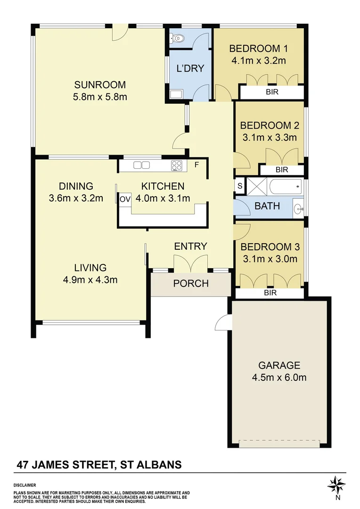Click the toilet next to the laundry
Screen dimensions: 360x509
pos(177,39)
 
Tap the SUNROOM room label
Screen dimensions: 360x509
pos(100,85)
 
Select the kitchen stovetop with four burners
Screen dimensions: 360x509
pos(177,165)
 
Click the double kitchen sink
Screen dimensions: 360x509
pos(141,165)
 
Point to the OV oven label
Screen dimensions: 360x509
pos(125,199)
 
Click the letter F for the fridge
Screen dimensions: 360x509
pos(196,165)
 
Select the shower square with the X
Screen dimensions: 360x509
pos(256,187)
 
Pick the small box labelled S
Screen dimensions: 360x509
pos(239,186)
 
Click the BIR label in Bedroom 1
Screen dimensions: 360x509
pos(272,92)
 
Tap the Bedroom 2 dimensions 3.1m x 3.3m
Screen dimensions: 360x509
pos(270,137)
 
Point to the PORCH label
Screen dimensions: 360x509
pos(191,283)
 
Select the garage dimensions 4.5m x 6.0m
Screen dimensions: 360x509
pos(279,378)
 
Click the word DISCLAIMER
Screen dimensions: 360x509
pos(25,485)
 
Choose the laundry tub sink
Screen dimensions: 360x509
pos(176,94)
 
